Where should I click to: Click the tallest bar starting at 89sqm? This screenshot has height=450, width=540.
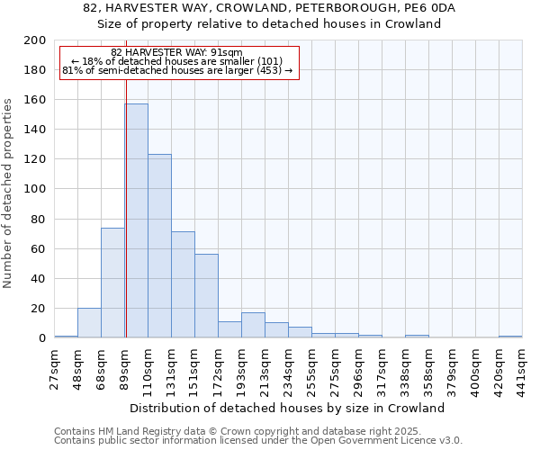click(137, 220)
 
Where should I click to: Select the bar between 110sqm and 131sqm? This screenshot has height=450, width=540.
click(159, 246)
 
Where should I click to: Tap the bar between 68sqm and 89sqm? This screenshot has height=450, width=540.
click(112, 283)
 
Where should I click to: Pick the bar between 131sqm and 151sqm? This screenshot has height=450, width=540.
click(183, 284)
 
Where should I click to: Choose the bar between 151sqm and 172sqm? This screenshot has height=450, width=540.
click(206, 296)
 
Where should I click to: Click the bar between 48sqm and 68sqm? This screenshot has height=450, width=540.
click(89, 323)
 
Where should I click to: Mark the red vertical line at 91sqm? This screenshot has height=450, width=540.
click(126, 189)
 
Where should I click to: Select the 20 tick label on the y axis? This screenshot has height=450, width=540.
click(38, 309)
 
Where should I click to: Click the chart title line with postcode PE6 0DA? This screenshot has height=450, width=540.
click(270, 8)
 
